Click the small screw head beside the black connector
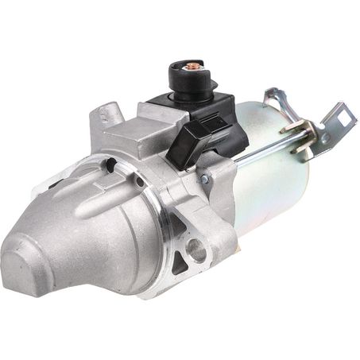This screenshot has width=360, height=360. pos(205,180)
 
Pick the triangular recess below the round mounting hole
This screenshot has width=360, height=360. pos(184,274)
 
